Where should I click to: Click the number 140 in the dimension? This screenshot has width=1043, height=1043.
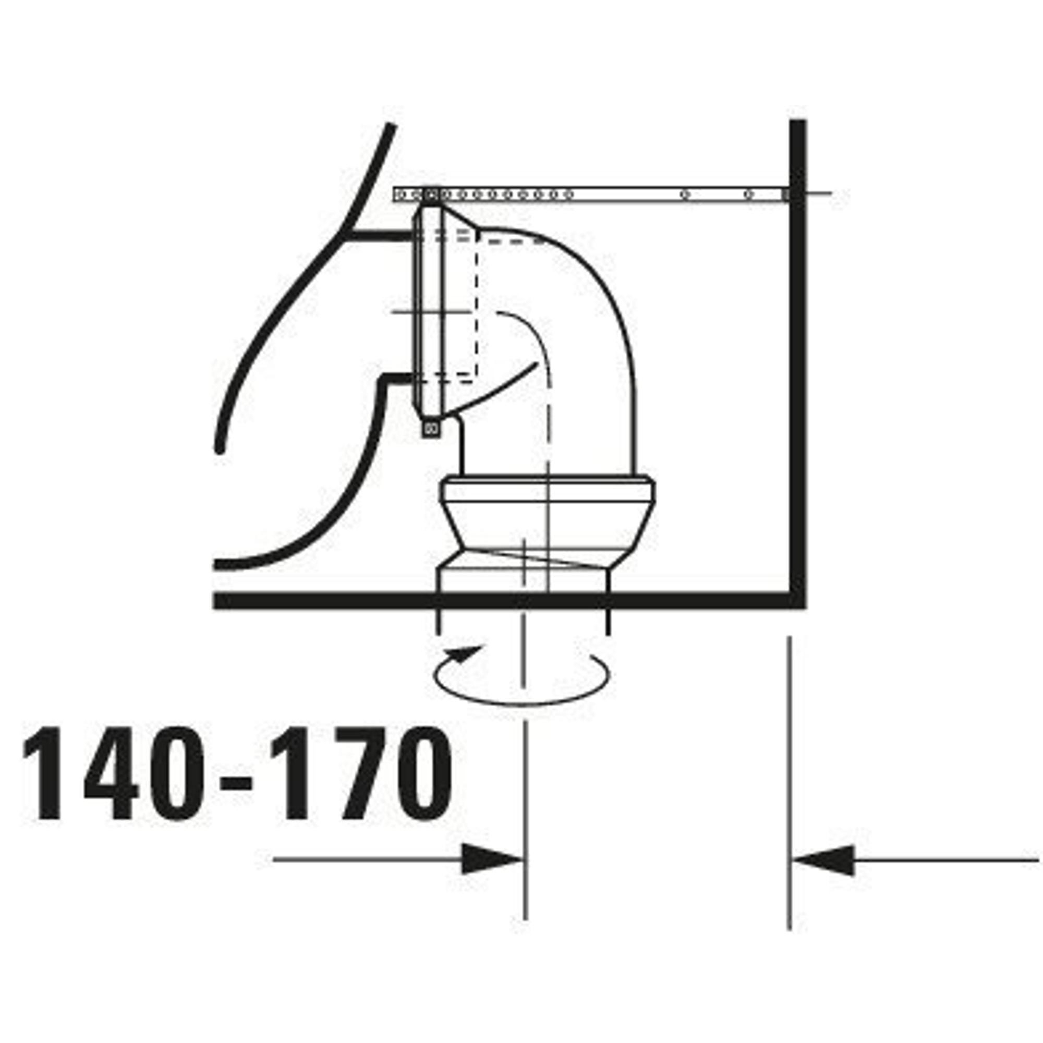(113, 773)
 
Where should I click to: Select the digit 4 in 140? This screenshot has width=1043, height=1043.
(112, 773)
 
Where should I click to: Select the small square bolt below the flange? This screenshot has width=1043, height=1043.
(431, 429)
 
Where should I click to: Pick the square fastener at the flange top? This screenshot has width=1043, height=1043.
(431, 195)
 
